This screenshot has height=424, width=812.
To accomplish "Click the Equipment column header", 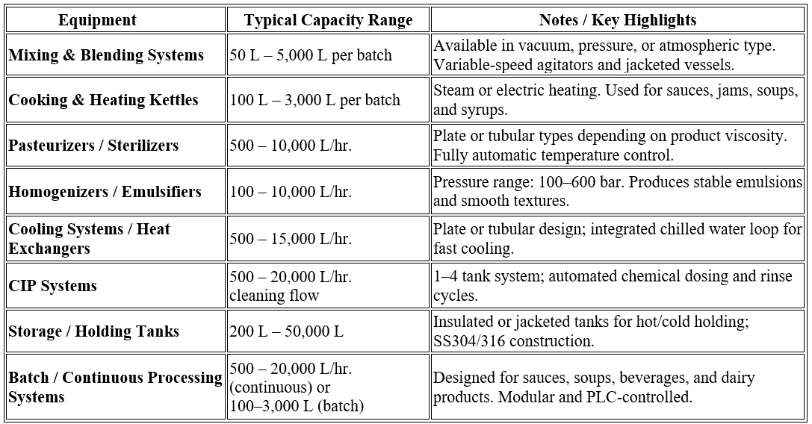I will pyautogui.click(x=97, y=20).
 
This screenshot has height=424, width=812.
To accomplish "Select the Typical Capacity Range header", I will pyautogui.click(x=328, y=20).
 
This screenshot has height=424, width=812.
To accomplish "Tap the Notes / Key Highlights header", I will pyautogui.click(x=617, y=20).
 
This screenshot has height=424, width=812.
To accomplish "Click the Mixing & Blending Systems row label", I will pyautogui.click(x=106, y=55).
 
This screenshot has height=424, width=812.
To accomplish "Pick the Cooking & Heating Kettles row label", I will pyautogui.click(x=104, y=100).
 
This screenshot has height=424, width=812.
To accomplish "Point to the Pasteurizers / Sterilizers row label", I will pyautogui.click(x=93, y=145).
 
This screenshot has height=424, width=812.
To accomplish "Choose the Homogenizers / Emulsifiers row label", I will pyautogui.click(x=105, y=192).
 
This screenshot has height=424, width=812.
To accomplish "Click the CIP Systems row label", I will pyautogui.click(x=53, y=286).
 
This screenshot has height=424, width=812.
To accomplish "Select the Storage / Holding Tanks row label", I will pyautogui.click(x=94, y=331).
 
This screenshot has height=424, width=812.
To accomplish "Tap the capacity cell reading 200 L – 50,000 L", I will pyautogui.click(x=287, y=331).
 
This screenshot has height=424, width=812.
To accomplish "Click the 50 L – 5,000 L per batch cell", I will pyautogui.click(x=311, y=55).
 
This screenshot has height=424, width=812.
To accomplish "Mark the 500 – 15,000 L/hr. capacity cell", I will pyautogui.click(x=291, y=239).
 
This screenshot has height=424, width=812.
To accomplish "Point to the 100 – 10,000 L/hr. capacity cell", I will pyautogui.click(x=291, y=192).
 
